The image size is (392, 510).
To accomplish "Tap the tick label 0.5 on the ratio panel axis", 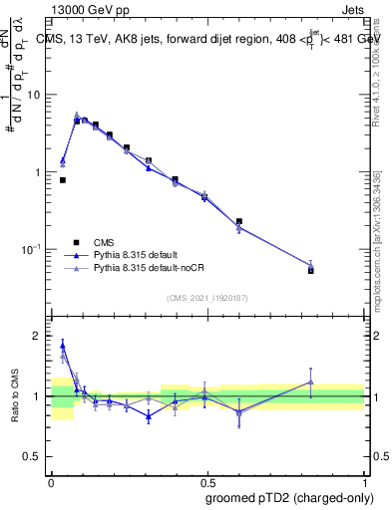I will click(34, 456).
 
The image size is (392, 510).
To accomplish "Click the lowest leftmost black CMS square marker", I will click(63, 180).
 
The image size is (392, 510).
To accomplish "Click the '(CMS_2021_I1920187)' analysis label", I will click(206, 298).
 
